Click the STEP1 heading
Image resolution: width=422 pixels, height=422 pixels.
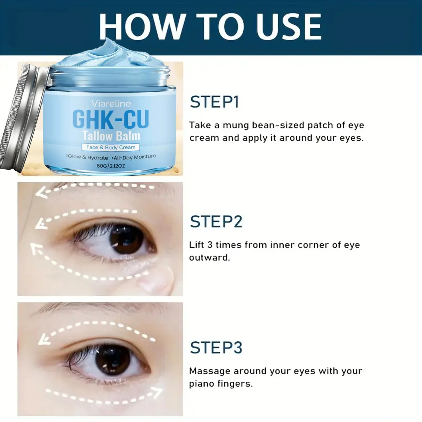click(x=214, y=102)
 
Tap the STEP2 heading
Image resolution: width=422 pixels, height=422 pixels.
click(x=216, y=222)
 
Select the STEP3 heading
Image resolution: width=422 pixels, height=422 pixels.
click(x=216, y=347)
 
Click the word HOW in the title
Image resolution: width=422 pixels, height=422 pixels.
click(x=142, y=26)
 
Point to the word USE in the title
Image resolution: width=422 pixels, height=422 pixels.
click(x=289, y=26)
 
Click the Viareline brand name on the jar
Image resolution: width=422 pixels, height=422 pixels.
click(x=111, y=104)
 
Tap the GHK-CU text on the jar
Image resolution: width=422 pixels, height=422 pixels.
click(x=111, y=119)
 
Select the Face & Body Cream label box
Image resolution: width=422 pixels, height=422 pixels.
click(x=111, y=147)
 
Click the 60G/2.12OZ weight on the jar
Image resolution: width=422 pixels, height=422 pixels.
click(x=111, y=166)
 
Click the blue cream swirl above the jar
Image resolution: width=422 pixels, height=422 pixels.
click(x=111, y=55)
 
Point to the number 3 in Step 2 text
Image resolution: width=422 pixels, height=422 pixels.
click(x=210, y=245)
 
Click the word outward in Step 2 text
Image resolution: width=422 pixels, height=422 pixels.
click(x=210, y=257)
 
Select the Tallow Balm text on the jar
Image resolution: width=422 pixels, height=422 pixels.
click(x=111, y=136)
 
